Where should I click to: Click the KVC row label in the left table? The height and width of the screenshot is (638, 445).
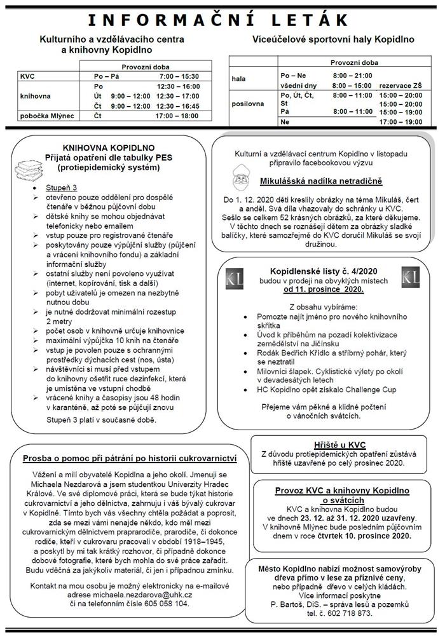28,76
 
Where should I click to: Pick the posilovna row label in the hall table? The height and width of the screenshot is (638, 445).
247,104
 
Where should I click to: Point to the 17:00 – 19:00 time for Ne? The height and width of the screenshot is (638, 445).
400,121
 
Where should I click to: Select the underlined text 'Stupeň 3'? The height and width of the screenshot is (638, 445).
61,189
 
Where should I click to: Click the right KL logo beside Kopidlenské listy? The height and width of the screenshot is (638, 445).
410,278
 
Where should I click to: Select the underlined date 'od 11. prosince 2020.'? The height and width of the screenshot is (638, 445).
324,289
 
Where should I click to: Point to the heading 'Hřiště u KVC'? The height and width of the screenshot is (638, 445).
340,444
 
